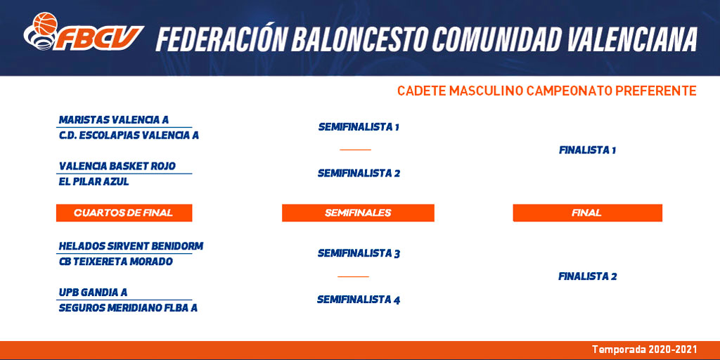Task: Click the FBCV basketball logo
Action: pyautogui.click(x=84, y=32)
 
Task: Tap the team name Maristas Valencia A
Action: pyautogui.click(x=114, y=120)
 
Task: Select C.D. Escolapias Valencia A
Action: pyautogui.click(x=129, y=136)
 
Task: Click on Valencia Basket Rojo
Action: pyautogui.click(x=117, y=166)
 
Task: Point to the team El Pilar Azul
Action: pyautogui.click(x=94, y=181)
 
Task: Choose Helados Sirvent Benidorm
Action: pyautogui.click(x=131, y=246)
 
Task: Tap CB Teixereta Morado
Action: pyautogui.click(x=116, y=262)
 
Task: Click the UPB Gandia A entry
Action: pyautogui.click(x=94, y=292)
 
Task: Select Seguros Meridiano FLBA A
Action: pyautogui.click(x=128, y=308)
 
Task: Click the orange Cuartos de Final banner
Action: pyautogui.click(x=124, y=212)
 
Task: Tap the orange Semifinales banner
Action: pyautogui.click(x=358, y=212)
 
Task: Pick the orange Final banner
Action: pyautogui.click(x=587, y=212)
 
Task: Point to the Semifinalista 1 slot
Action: pyautogui.click(x=359, y=127)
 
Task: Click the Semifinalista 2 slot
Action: pyautogui.click(x=359, y=173)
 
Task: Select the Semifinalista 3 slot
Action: pyautogui.click(x=359, y=253)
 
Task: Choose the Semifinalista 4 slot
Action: pyautogui.click(x=359, y=300)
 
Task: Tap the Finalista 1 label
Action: pyautogui.click(x=587, y=150)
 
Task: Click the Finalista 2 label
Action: pyautogui.click(x=587, y=276)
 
